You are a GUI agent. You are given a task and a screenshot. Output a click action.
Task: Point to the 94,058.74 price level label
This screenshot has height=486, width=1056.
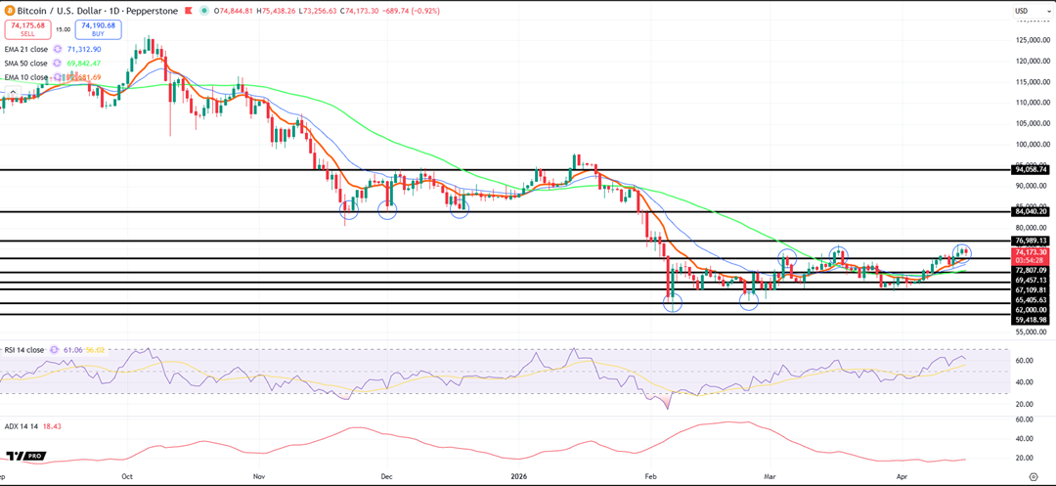(1030, 169)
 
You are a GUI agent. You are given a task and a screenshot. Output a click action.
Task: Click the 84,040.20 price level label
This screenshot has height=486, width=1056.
(1030, 211)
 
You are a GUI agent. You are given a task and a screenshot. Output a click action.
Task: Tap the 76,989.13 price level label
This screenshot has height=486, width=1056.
(1030, 241)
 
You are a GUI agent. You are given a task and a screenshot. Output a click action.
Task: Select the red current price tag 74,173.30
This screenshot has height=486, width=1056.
(1030, 252)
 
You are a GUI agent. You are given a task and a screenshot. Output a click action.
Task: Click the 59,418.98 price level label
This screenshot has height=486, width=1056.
(1030, 319)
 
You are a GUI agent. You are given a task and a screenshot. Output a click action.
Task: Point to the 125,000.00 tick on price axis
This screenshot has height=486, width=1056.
(1031, 40)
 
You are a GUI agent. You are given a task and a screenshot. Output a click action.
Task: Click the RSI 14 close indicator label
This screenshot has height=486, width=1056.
(23, 349)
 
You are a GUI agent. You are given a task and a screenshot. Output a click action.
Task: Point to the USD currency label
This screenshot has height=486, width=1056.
(1021, 11)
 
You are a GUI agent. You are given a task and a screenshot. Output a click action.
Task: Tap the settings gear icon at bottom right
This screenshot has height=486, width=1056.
(1034, 477)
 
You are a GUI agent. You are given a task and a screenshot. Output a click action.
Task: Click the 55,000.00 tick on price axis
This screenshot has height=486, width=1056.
(1031, 332)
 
